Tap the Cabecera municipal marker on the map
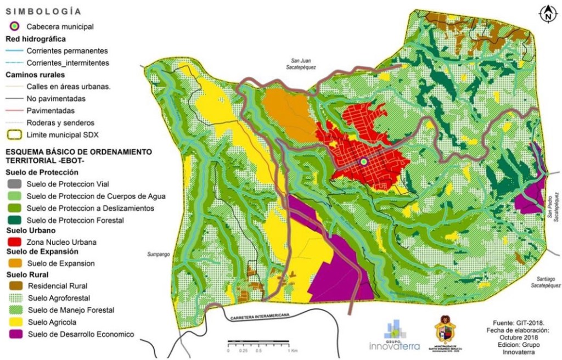pyautogui.click(x=363, y=162)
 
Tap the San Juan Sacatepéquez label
pyautogui.click(x=305, y=64)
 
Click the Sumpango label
pyautogui.click(x=158, y=255)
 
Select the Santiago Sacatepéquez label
pyautogui.click(x=546, y=282)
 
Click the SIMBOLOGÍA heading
pyautogui.click(x=43, y=11)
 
